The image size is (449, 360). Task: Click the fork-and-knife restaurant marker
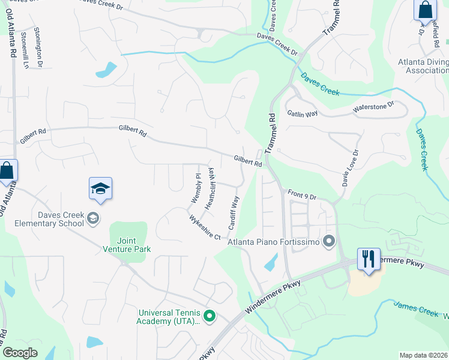click(x=369, y=260)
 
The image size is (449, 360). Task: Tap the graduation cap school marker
click(x=101, y=189)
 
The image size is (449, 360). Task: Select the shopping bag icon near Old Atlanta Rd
click(x=7, y=170)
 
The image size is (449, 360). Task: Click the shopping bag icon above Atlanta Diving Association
click(x=424, y=10)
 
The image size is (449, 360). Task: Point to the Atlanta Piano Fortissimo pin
click(x=328, y=242)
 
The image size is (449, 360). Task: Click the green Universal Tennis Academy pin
click(x=209, y=315)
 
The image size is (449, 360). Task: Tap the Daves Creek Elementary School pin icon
click(x=93, y=218)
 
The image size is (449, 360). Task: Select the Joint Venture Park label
click(x=126, y=244)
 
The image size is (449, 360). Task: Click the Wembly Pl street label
click(x=195, y=187)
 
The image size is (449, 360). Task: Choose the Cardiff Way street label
click(x=234, y=213)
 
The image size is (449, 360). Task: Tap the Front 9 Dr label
click(x=302, y=194)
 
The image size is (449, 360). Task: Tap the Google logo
click(x=20, y=353)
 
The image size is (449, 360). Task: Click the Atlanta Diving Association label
click(x=423, y=66)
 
